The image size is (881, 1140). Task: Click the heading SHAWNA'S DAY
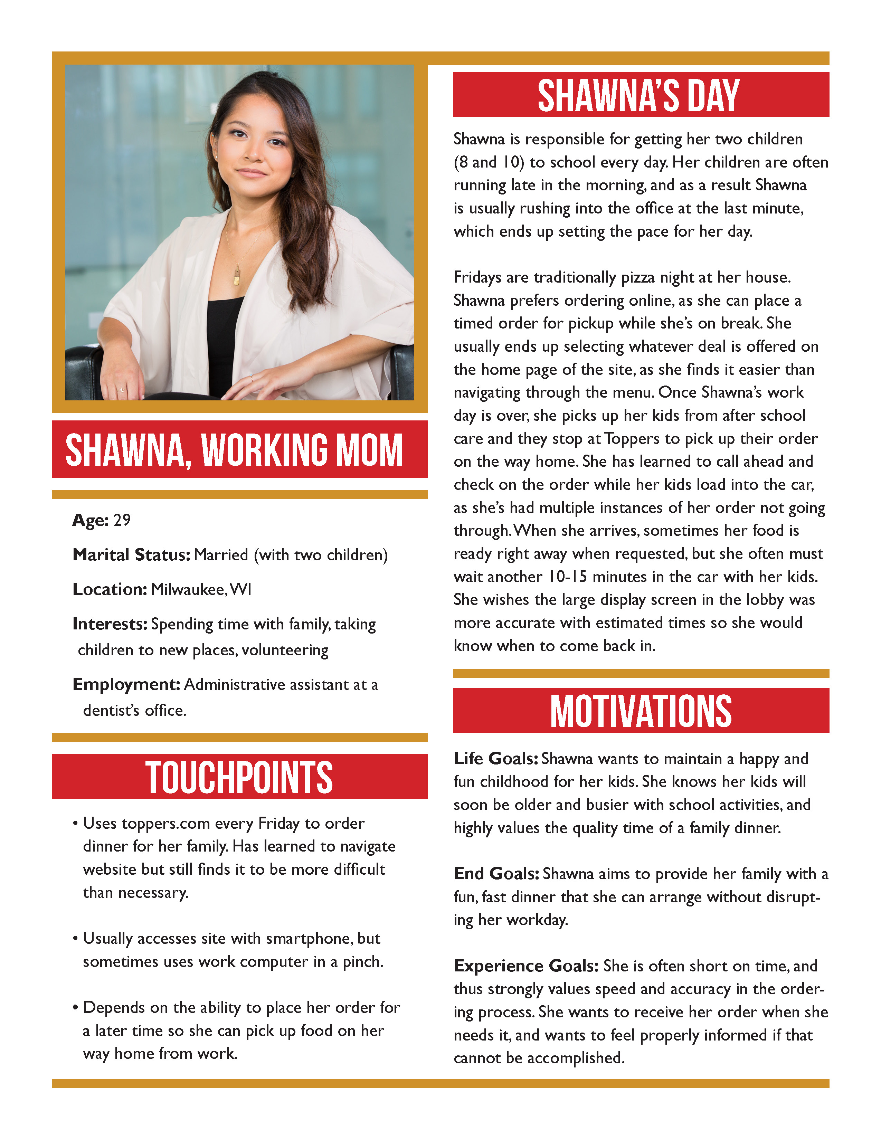coord(638,96)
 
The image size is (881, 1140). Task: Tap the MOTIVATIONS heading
coord(641,711)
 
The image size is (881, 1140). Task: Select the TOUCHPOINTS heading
coord(239,777)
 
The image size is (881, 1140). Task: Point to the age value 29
coord(122,520)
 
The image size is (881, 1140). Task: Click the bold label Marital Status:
coord(131,555)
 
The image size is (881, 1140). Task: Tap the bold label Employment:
coord(126,684)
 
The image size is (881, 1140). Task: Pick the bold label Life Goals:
coord(495,758)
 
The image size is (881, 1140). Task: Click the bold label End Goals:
coord(496,874)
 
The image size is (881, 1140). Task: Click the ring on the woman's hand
coord(122,389)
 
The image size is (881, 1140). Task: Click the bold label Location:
coord(110,589)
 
